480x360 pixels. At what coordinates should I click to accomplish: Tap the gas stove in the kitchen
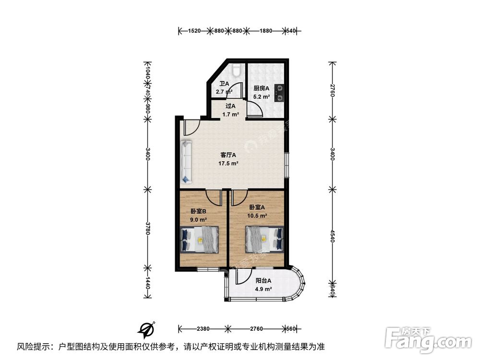[x=278, y=93]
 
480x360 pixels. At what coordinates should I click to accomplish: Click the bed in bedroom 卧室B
[x=199, y=239]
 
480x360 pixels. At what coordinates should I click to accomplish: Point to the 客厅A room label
[x=228, y=155]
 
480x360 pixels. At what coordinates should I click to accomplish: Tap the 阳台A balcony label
[x=264, y=281]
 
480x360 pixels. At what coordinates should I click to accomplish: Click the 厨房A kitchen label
[x=262, y=88]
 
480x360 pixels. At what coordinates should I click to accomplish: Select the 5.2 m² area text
[x=262, y=96]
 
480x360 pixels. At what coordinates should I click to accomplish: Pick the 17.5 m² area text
[x=228, y=163]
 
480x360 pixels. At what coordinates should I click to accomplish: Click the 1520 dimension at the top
[x=194, y=31]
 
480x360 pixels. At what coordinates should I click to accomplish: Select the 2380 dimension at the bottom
[x=203, y=329]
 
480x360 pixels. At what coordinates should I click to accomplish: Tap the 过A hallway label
[x=230, y=106]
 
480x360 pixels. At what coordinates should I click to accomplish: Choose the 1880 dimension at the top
[x=265, y=31]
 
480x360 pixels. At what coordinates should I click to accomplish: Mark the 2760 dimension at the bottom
[x=256, y=329]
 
